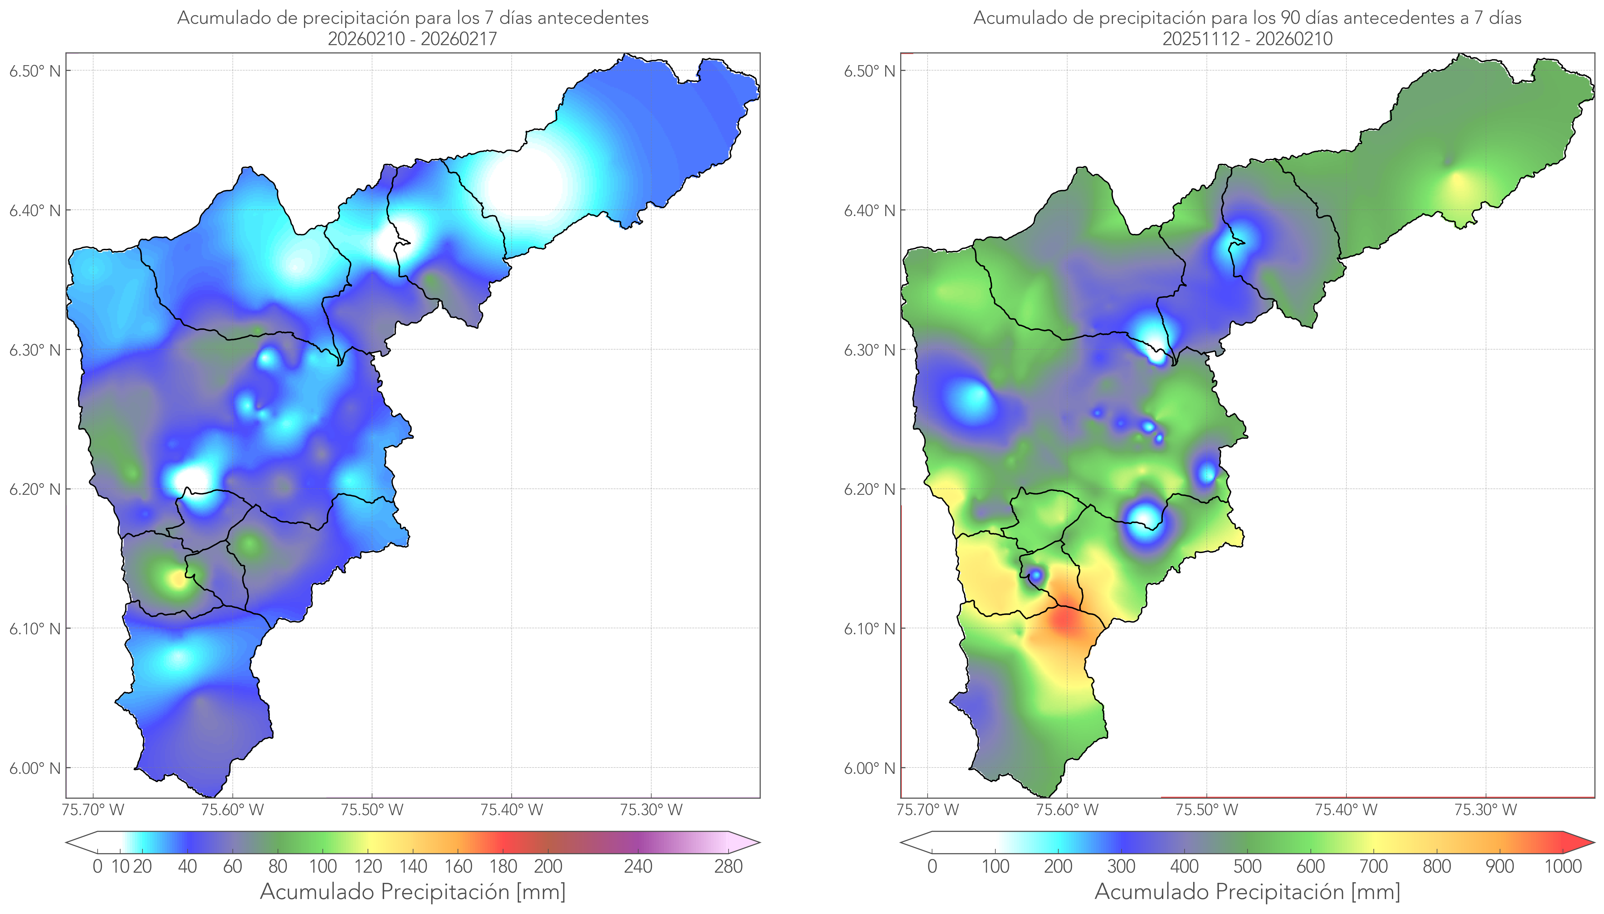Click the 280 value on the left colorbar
(x=729, y=866)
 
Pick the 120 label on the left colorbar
(x=368, y=866)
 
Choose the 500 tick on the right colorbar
(x=1247, y=866)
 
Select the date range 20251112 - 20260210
(x=1247, y=39)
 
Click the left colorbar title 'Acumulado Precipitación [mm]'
(x=413, y=891)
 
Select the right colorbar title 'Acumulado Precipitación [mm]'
(x=1247, y=891)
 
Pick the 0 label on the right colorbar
(x=932, y=866)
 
